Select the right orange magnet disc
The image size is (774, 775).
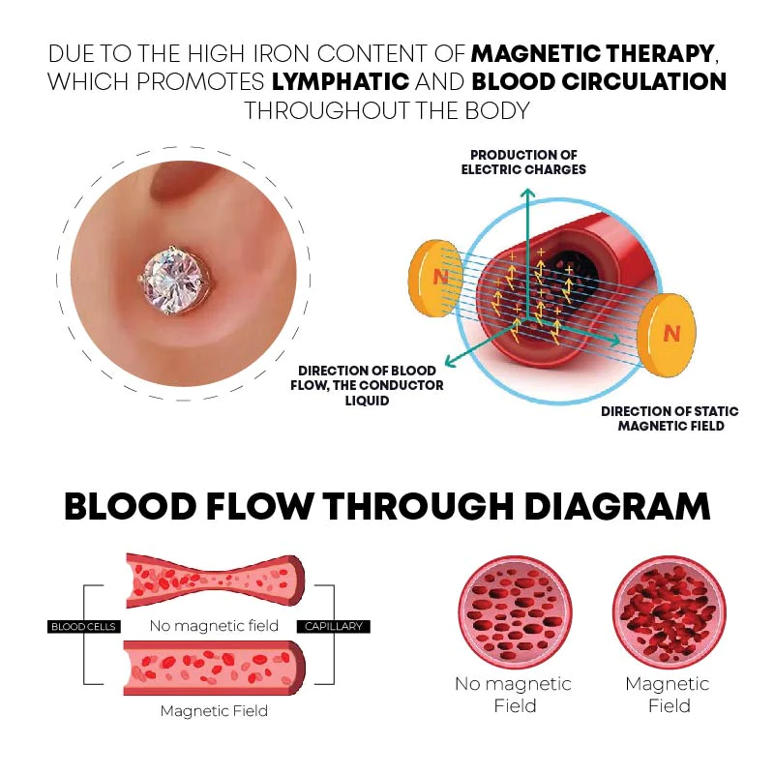click(672, 334)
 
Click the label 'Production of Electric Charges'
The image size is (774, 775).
click(527, 162)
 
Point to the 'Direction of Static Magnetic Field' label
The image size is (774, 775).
click(670, 418)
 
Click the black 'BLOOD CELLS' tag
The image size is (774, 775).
click(82, 626)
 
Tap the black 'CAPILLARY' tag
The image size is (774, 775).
click(334, 626)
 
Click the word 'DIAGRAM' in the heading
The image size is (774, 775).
click(611, 507)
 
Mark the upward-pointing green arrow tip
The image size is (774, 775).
click(527, 191)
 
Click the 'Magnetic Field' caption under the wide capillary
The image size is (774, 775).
click(214, 711)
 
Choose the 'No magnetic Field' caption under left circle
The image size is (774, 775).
click(513, 694)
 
